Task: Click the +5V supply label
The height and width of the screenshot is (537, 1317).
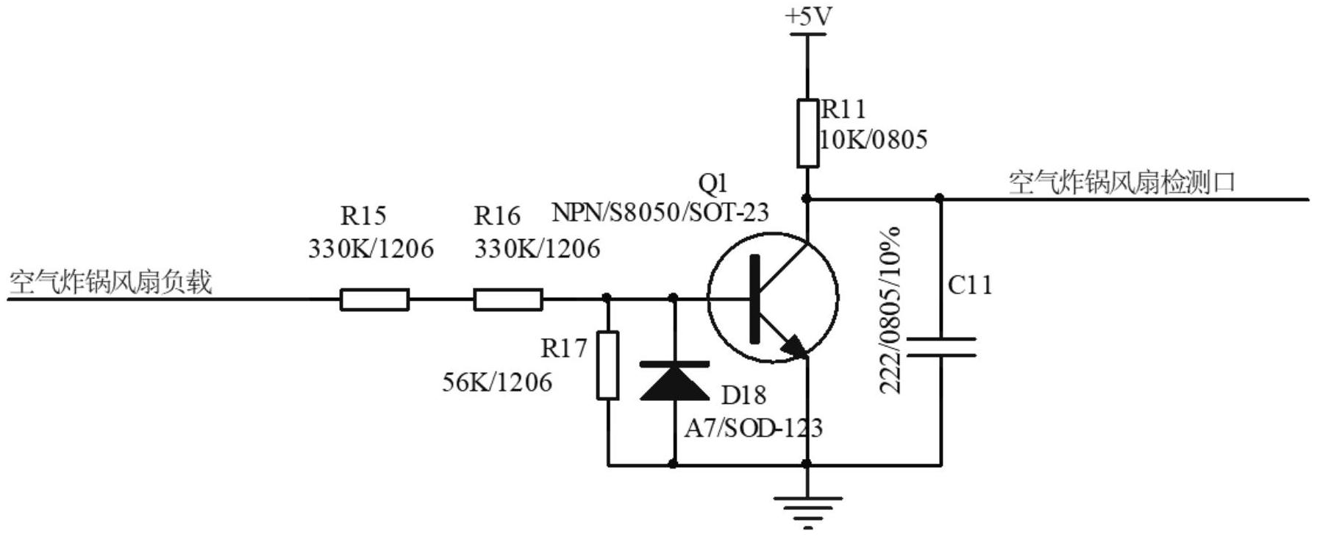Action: coord(808,16)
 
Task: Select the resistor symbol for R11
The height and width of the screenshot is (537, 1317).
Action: coord(807,134)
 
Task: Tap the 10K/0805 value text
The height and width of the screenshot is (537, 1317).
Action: coord(874,139)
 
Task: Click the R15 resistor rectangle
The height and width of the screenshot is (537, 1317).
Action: coord(374,299)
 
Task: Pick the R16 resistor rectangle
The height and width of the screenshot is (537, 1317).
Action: coord(508,299)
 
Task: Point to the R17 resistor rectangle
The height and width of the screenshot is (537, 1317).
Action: coord(607,366)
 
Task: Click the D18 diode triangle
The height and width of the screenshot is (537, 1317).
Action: coord(674,382)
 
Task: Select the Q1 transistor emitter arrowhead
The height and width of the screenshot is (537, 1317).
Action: coord(795,346)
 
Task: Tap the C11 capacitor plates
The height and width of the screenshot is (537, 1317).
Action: coord(941,347)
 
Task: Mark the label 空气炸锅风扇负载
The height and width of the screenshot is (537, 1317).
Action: coord(110,282)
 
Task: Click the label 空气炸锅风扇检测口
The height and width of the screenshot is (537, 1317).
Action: coord(1121,182)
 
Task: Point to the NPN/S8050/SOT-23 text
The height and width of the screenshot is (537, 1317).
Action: coord(660,213)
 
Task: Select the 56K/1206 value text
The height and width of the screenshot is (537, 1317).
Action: coord(497,382)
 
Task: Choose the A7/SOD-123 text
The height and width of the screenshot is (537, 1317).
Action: coord(754,427)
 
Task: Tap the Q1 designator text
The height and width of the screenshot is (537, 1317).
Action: coord(713,182)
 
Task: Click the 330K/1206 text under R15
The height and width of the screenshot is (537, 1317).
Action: coord(371,249)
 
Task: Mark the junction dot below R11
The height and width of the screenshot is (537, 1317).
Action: coord(807,199)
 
